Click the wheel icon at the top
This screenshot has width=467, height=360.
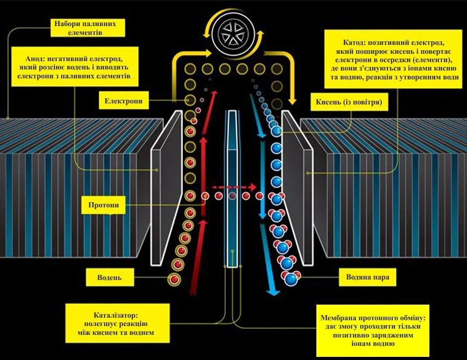click(x=233, y=32)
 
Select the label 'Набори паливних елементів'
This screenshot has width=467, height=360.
click(x=88, y=28)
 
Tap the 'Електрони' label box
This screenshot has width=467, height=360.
click(x=123, y=100)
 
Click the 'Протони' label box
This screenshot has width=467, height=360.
click(x=104, y=205)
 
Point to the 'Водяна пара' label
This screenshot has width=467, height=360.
click(x=367, y=277)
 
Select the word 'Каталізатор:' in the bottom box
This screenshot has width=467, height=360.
click(x=116, y=315)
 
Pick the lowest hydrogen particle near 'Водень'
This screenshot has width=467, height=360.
click(x=175, y=280)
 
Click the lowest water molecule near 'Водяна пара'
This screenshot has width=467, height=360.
click(x=291, y=278)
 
